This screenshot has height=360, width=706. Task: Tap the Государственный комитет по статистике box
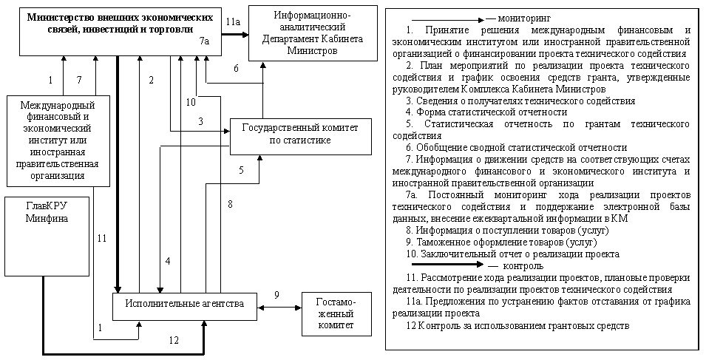(x=300, y=135)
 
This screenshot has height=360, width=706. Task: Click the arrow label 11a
(x=233, y=23)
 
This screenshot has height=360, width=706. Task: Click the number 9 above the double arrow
(x=276, y=295)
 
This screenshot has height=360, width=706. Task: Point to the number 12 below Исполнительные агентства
(x=174, y=340)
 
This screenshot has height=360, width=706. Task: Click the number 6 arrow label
(x=236, y=69)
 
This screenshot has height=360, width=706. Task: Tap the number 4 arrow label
(x=168, y=260)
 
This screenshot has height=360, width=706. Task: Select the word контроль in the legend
(x=523, y=265)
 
